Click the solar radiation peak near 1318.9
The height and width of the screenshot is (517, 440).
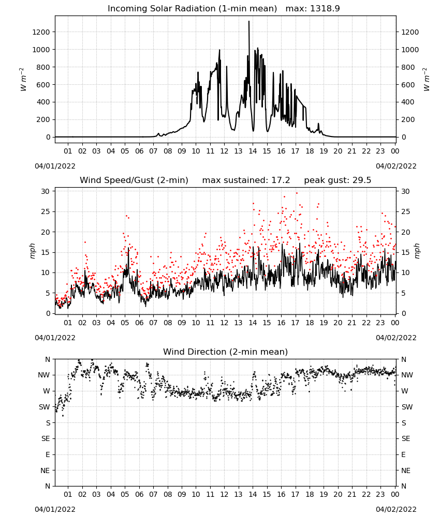click(x=249, y=21)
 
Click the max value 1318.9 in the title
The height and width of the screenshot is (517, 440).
click(x=325, y=9)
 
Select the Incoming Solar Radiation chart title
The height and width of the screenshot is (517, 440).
click(x=192, y=9)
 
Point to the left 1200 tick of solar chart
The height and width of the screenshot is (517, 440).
click(x=41, y=32)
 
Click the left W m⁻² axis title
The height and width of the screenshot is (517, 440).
click(x=23, y=80)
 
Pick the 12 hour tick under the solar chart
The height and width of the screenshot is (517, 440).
click(x=224, y=151)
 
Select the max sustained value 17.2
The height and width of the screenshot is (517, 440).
click(x=281, y=180)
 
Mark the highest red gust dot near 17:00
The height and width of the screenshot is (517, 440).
click(x=297, y=193)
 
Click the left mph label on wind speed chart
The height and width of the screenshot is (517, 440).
click(x=32, y=251)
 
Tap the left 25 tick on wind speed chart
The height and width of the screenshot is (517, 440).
click(x=46, y=211)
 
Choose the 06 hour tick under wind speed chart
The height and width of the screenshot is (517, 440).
click(x=139, y=323)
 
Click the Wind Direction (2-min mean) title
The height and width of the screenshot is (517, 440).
click(x=226, y=352)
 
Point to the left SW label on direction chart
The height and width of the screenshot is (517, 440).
click(x=44, y=407)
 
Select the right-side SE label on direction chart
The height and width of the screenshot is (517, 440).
click(x=406, y=438)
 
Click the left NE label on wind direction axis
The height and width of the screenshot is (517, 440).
click(x=45, y=470)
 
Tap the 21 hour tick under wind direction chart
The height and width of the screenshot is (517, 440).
click(x=352, y=494)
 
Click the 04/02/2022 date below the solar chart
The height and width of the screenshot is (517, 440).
click(x=396, y=166)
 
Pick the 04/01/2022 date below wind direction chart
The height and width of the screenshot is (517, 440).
click(x=55, y=509)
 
